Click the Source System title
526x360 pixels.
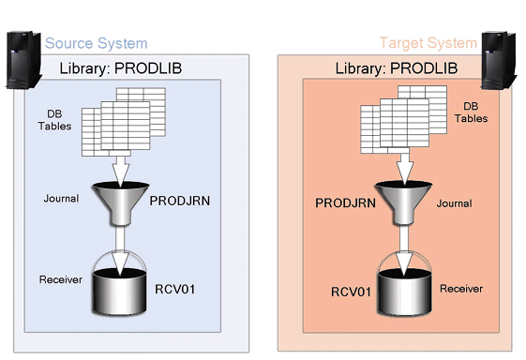coord(96,43)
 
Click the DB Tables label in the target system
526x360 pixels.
coord(471,112)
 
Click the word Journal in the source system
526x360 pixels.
coord(60,199)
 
